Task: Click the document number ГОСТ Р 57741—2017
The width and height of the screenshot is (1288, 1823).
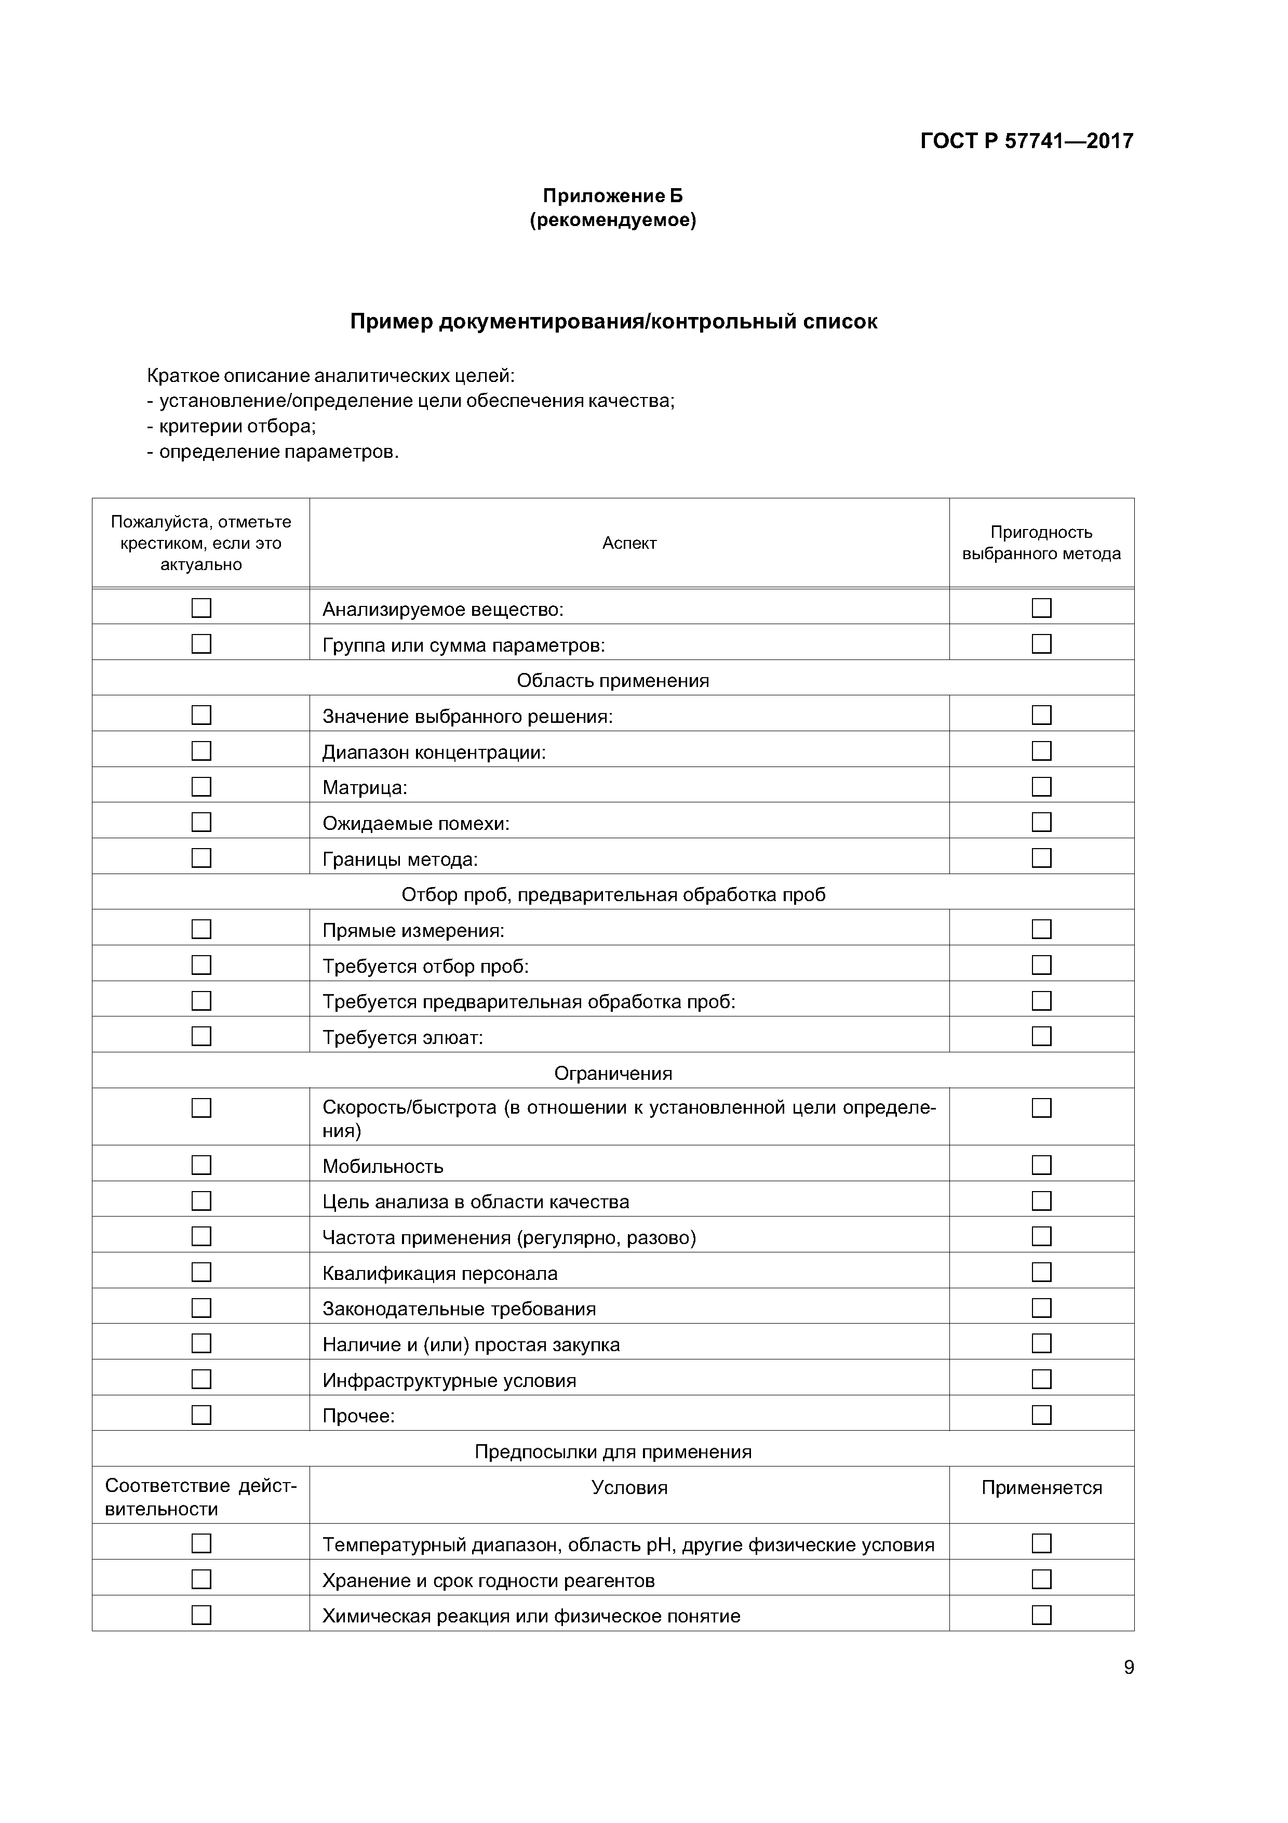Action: (x=1026, y=141)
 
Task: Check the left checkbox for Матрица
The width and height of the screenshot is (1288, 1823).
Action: (x=202, y=786)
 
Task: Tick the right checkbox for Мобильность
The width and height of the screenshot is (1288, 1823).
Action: (x=1041, y=1165)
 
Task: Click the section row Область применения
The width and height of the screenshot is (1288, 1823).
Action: (x=613, y=680)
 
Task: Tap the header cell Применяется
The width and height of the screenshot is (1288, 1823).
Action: (x=1041, y=1488)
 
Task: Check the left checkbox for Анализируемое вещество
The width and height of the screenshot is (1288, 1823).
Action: (x=202, y=608)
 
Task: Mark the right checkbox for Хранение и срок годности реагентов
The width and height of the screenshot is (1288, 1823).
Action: (x=1041, y=1579)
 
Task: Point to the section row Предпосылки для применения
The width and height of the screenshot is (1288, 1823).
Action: (x=613, y=1451)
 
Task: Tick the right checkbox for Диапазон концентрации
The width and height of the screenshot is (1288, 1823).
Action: (x=1041, y=750)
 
